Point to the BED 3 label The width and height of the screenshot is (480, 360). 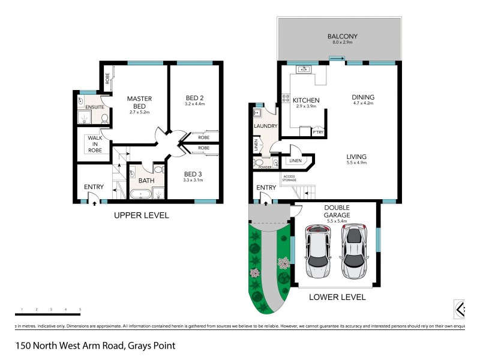pyautogui.click(x=194, y=175)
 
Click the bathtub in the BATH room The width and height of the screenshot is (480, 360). pyautogui.click(x=142, y=194)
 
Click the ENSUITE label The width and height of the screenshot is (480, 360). pyautogui.click(x=95, y=107)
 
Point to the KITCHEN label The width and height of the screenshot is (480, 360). pyautogui.click(x=305, y=100)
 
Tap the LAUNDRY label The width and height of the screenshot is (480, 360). pyautogui.click(x=265, y=126)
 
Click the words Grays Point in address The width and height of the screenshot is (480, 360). pyautogui.click(x=150, y=346)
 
